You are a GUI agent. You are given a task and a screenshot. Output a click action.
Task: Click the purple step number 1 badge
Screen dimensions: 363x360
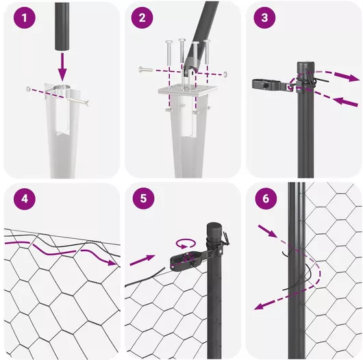[x=24, y=18]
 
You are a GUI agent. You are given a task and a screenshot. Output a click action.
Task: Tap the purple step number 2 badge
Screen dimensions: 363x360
[x=142, y=18]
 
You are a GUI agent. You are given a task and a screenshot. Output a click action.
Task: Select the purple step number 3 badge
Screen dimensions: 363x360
[x=264, y=18]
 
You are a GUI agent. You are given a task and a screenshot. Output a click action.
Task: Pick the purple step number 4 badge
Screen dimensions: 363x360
[x=24, y=199]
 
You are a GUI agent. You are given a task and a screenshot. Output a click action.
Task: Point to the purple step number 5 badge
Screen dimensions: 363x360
[x=143, y=198]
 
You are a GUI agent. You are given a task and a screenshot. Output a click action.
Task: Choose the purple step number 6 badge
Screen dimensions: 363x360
[x=266, y=198]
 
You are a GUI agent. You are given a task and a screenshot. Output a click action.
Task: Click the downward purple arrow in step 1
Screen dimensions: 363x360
[x=62, y=66]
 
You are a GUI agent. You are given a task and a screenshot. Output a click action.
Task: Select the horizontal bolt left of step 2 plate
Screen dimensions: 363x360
[x=146, y=69]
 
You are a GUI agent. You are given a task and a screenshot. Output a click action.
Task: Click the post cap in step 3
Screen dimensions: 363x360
[x=305, y=66]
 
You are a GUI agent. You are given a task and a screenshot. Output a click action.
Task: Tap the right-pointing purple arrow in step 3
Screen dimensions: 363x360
[x=346, y=77]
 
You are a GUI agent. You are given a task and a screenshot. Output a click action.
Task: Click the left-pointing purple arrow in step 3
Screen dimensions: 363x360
[x=345, y=102]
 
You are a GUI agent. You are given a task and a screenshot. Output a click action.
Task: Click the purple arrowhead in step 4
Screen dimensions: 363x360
[x=112, y=262]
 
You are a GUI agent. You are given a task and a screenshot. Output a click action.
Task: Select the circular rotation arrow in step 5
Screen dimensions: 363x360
[x=186, y=244]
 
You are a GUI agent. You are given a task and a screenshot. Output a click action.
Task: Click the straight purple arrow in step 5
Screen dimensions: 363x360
[x=142, y=260]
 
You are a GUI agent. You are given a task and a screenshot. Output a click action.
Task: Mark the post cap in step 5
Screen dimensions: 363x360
[x=214, y=231]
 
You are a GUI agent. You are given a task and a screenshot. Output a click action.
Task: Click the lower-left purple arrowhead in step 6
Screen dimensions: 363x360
[x=260, y=306]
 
